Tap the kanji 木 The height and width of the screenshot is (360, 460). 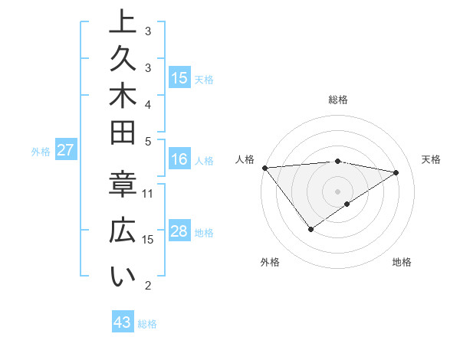coord(122,97)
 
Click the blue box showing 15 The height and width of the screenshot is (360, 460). coord(179,77)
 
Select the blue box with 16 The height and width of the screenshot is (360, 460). coord(179,159)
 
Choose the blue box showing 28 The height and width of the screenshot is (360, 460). coord(179,231)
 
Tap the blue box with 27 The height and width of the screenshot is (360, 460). coord(65,150)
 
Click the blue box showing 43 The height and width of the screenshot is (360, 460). coord(123,322)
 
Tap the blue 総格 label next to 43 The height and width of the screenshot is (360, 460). coord(147,324)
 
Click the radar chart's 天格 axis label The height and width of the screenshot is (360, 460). coord(431,159)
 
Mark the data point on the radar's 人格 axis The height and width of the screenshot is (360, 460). coord(264,167)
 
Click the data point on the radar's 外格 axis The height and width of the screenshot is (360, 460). coord(310,229)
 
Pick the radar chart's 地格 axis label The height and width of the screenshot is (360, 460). coord(402,262)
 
